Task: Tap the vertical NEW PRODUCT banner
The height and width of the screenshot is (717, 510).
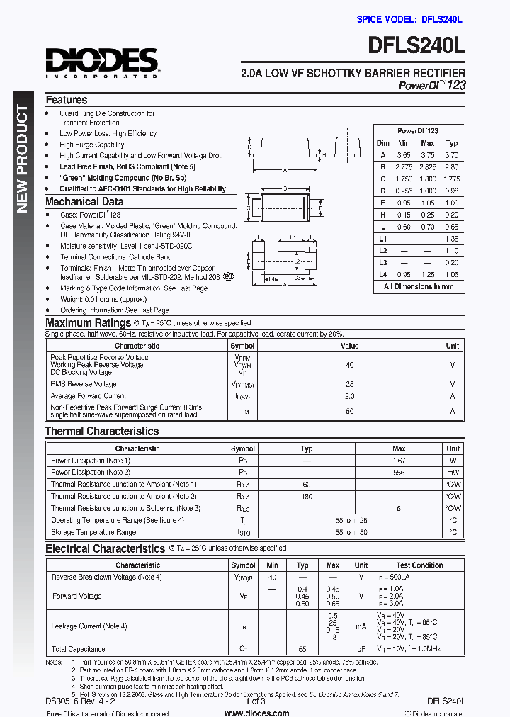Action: coord(22,159)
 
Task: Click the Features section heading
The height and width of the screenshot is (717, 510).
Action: coord(67,100)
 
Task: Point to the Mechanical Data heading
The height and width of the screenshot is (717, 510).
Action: coord(84,202)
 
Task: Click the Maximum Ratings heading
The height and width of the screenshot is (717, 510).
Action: coord(88,323)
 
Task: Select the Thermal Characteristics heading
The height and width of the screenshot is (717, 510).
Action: coord(102,431)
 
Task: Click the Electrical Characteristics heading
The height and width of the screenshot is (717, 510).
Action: coord(105,548)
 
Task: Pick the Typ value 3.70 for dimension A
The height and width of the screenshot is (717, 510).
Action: coord(452,155)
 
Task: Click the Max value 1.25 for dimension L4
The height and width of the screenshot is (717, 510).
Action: coord(428,274)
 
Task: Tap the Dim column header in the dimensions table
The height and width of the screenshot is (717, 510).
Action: coord(383,143)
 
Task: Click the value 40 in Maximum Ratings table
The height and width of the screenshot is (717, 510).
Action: coord(349,365)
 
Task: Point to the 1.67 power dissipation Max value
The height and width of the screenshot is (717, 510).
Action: coord(399,461)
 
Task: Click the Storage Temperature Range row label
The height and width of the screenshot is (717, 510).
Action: coord(93,532)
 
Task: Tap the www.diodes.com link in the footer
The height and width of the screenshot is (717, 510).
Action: coord(256,713)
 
